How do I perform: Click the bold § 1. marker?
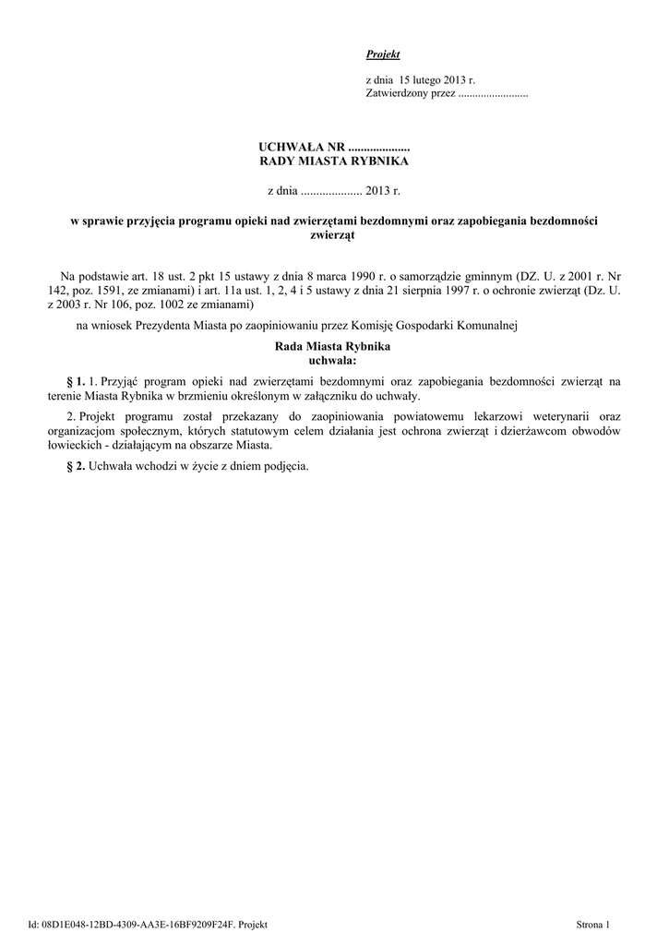[77, 380]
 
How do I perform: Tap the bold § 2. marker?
[77, 465]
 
